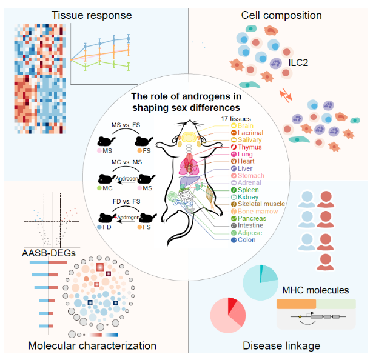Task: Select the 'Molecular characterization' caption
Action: [92, 345]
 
